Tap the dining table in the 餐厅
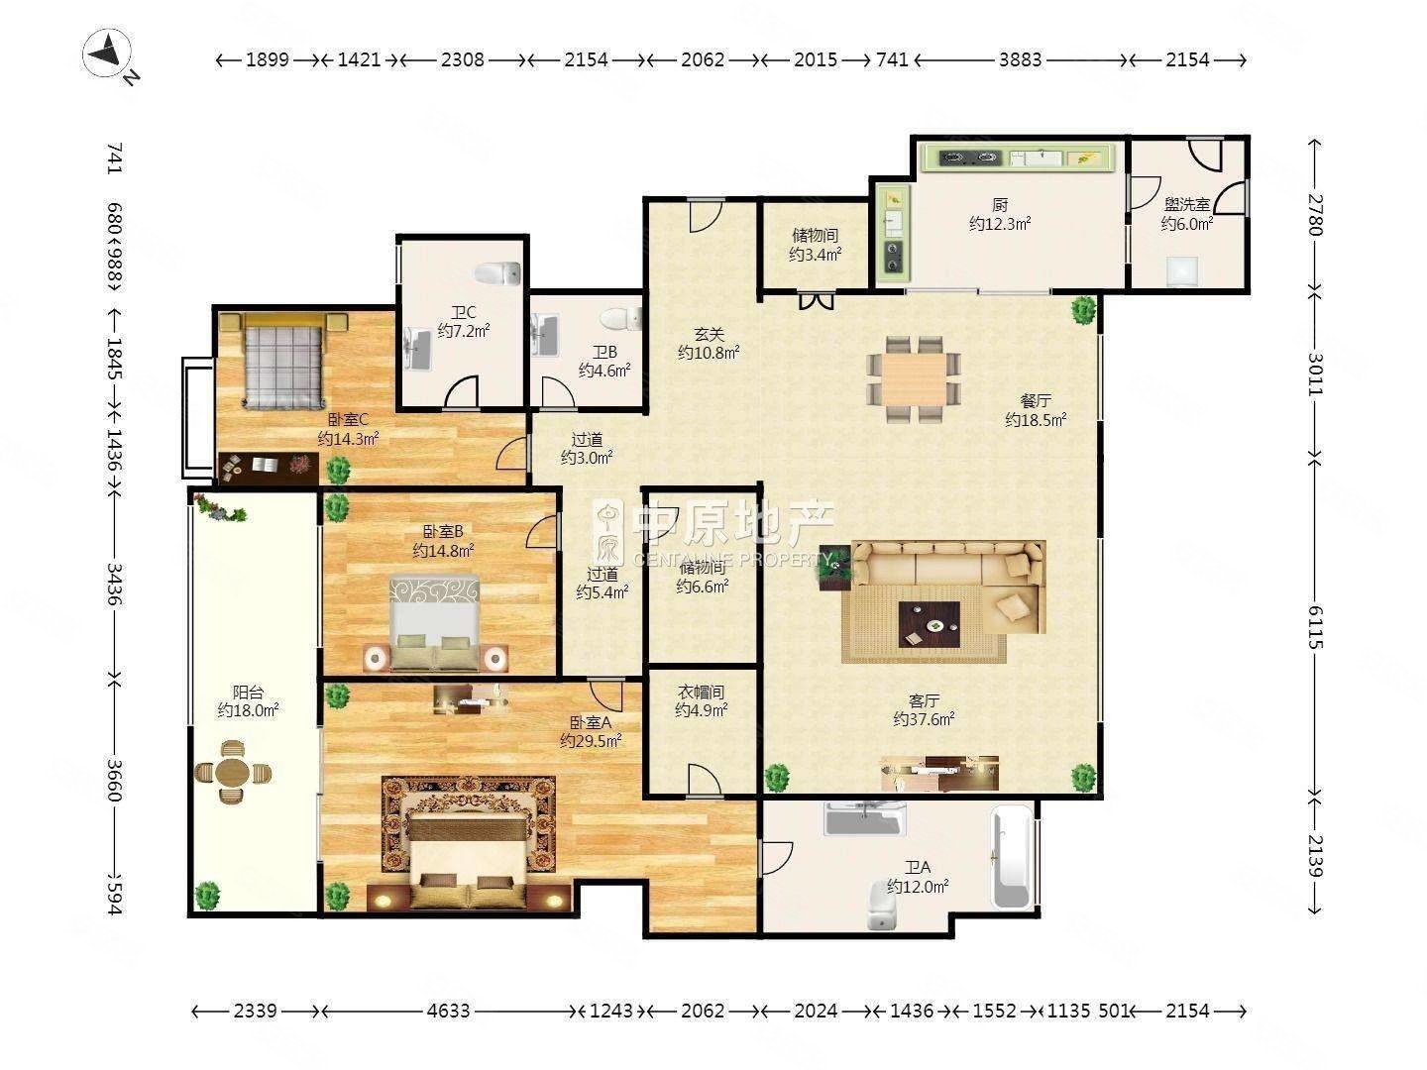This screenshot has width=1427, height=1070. [x=913, y=378]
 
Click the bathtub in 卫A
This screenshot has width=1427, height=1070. [x=1012, y=856]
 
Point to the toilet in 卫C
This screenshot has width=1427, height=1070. [x=497, y=273]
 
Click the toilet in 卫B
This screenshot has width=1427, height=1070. [x=620, y=319]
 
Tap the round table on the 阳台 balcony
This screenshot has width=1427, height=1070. [x=232, y=773]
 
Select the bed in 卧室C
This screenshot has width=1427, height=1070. [x=282, y=361]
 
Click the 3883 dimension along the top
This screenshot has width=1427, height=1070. [x=1020, y=59]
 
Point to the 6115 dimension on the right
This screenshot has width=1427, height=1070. [x=1315, y=626]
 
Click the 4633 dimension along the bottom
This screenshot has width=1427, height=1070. [x=449, y=1011]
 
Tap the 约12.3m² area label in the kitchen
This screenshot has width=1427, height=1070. [x=1000, y=224]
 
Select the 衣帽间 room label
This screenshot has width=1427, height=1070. [x=701, y=693]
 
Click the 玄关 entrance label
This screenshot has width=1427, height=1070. [x=709, y=335]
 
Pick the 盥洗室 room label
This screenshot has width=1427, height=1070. [x=1187, y=205]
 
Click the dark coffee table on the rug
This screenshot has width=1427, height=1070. [x=930, y=624]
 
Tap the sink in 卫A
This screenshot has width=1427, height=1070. [x=865, y=818]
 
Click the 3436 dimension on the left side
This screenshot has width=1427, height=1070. [x=114, y=585]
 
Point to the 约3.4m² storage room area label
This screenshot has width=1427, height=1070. [x=816, y=255]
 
